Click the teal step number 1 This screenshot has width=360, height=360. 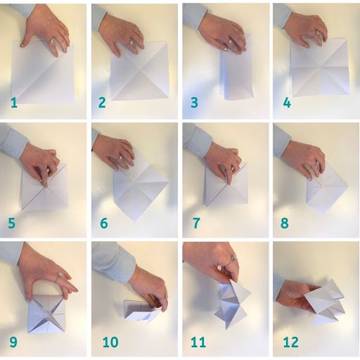pos(14,103)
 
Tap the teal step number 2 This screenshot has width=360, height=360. pos(102,103)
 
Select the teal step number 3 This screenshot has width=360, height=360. pos(194,103)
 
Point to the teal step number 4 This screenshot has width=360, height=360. pos(287,103)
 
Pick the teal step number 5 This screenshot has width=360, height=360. pos(12,223)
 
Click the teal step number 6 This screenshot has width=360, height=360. pos(104,223)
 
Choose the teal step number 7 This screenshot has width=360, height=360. pos(196,223)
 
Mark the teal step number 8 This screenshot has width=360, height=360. pos(285,223)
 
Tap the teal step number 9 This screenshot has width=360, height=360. pos(13,342)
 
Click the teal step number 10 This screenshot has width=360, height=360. pos(110,342)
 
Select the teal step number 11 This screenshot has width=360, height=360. pos(198,342)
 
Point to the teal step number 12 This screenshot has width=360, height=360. pos(291,342)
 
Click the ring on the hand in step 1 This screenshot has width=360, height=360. pos(52,41)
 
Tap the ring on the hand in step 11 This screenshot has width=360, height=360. pos(232,259)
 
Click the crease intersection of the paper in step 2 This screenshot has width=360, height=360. pos(140,70)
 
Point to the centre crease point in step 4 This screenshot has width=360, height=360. pos(320,67)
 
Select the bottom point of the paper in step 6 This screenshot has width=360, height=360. pos(135,221)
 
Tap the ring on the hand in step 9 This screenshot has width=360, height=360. pos(59,276)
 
